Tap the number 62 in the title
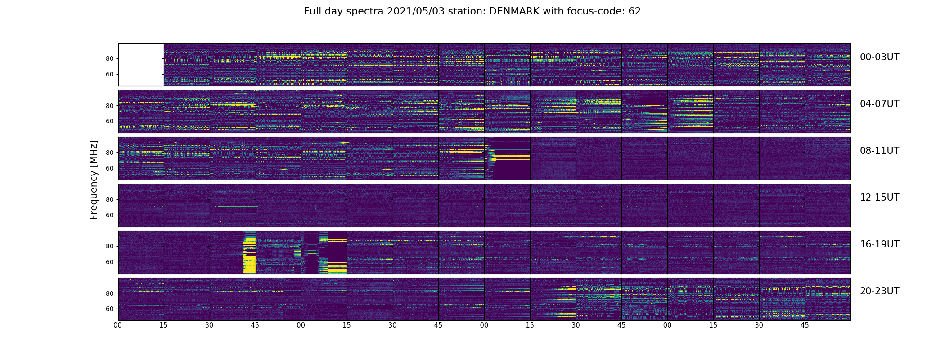click(634, 11)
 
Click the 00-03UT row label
click(879, 57)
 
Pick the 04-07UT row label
click(879, 104)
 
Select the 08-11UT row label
click(879, 151)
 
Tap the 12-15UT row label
click(879, 198)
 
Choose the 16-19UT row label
click(879, 244)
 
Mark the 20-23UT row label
click(879, 291)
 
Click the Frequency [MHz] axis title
click(94, 180)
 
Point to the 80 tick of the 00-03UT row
click(110, 59)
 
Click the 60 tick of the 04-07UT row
click(110, 121)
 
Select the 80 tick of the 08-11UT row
click(110, 153)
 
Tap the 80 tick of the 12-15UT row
click(110, 200)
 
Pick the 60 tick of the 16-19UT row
click(110, 262)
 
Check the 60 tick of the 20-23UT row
click(110, 309)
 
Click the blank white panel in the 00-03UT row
click(141, 64)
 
